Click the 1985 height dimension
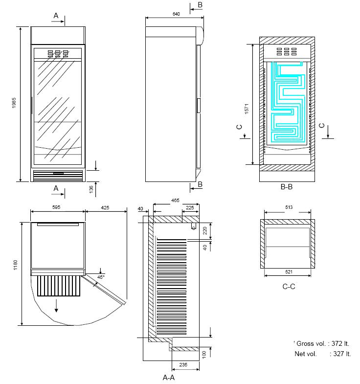[15, 104]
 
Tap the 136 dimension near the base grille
[91, 189]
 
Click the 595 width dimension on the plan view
[56, 207]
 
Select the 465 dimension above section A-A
[175, 201]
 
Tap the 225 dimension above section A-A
[190, 207]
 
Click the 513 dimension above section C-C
[289, 207]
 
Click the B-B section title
[287, 187]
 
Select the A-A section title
[170, 377]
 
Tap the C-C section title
[289, 287]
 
